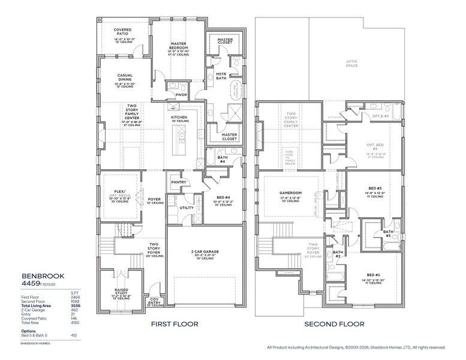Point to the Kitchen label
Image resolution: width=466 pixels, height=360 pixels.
click(179, 117)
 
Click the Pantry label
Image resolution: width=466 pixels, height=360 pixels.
click(178, 182)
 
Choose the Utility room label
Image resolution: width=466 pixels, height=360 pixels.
click(187, 208)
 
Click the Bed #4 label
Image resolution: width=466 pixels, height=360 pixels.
click(224, 197)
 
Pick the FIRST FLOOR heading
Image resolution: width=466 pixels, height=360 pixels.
click(175, 325)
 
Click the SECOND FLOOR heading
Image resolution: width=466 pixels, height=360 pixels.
click(334, 325)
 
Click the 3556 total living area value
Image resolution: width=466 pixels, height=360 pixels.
click(76, 306)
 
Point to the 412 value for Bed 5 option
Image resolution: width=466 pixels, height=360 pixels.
click(76, 335)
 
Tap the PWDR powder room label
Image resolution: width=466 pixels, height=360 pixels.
click(181, 95)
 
